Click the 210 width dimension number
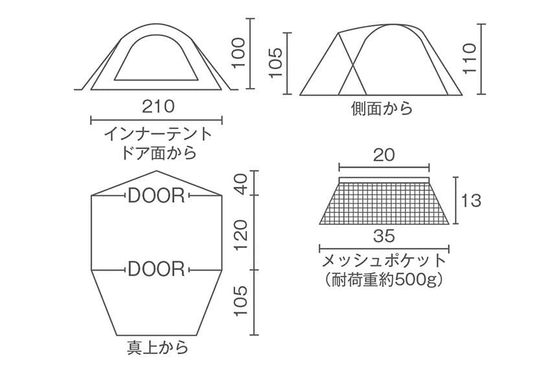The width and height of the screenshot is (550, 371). coord(158,106)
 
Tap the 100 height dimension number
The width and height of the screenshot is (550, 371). coord(238,53)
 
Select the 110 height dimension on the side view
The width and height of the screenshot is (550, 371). coord(470,58)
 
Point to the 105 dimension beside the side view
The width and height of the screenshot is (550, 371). coord(275,63)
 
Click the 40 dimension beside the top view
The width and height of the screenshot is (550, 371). coord(241,186)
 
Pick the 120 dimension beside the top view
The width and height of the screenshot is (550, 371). coord(241,235)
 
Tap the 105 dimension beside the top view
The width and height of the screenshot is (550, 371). coord(241,301)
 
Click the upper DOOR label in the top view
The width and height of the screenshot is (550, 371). coord(156,196)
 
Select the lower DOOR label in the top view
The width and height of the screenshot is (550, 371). coord(156,269)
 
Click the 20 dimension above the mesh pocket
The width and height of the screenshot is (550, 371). coord(384,155)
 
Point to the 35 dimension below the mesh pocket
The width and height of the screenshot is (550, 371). coord(384,236)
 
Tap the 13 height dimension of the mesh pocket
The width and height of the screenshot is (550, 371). coord(471,201)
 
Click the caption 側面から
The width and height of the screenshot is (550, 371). coord(382,109)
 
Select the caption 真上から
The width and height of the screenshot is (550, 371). coord(157,347)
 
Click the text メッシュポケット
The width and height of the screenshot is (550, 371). coord(384,261)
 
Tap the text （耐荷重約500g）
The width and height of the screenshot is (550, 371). coord(384,280)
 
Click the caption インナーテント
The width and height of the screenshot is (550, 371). coord(158,134)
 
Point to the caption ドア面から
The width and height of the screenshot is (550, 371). coord(158,153)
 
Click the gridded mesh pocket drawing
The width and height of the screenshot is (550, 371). coord(384,201)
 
